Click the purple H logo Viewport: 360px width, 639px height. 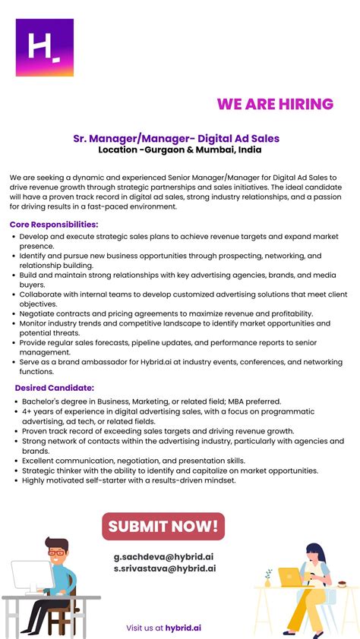coord(44,47)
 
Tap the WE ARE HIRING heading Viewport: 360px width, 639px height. coord(275,104)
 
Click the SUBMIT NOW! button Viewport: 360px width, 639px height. coord(163,526)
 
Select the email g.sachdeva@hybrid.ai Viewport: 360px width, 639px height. coord(164,556)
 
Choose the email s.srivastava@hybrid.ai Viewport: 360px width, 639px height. coord(165,568)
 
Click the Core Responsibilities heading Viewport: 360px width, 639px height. coord(54,225)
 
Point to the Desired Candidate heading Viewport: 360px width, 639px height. coord(55,388)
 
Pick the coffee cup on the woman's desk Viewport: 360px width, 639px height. coord(342,584)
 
